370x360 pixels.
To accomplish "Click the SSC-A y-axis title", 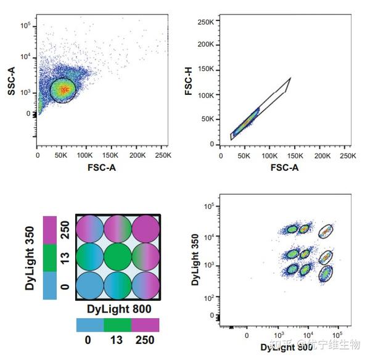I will [x=10, y=83].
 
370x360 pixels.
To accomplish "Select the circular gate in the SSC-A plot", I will [x=62, y=91].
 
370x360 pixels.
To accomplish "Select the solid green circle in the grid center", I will [x=118, y=258].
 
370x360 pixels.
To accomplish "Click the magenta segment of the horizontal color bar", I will [x=146, y=325].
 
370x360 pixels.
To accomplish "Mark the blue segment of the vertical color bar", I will [x=50, y=286].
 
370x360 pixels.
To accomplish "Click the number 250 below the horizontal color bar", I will [x=146, y=340].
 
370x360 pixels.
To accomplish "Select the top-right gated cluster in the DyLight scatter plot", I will [x=326, y=232].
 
